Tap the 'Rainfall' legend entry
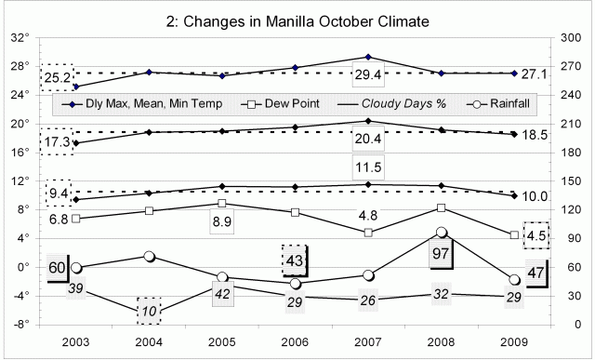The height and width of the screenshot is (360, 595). click(x=506, y=102)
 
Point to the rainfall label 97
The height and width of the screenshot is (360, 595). click(x=443, y=253)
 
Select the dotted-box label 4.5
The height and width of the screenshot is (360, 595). click(x=537, y=235)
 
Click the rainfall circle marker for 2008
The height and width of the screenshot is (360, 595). click(x=443, y=233)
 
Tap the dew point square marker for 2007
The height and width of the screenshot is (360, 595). click(x=369, y=233)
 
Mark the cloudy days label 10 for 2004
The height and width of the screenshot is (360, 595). click(x=150, y=311)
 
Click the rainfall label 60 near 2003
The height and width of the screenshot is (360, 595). click(x=58, y=268)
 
